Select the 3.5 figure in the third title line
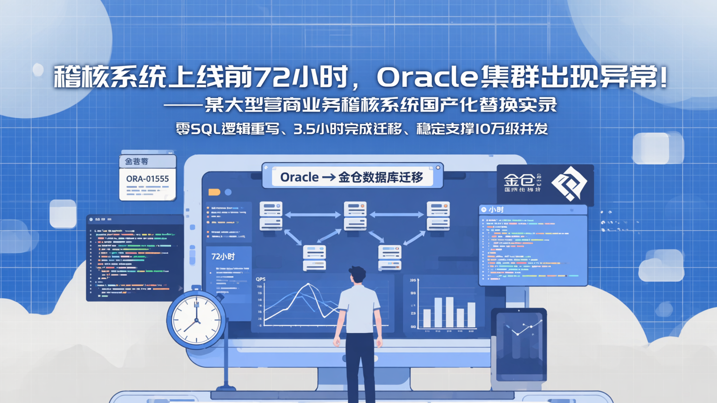[305, 129]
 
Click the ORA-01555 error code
[147, 179]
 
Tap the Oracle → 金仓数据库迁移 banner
[352, 177]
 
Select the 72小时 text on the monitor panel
[223, 257]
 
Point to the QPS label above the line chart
[260, 280]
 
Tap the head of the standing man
[357, 275]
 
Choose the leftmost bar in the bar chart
[427, 318]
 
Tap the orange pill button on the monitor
[214, 192]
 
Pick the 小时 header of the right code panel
[496, 210]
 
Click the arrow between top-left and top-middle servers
[313, 215]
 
